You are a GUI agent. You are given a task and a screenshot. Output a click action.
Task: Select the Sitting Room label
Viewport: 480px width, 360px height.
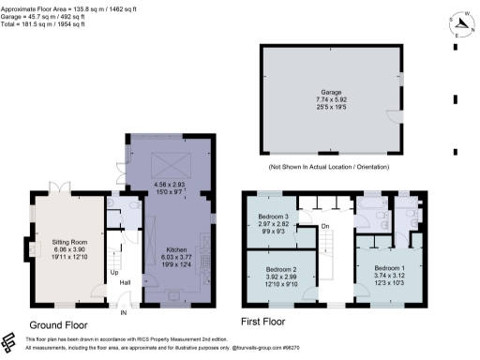point(71,243)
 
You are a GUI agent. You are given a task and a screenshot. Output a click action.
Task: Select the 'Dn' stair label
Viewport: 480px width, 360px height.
point(324,226)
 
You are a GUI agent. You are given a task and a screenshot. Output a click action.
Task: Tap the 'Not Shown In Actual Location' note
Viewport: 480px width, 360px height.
point(329,167)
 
